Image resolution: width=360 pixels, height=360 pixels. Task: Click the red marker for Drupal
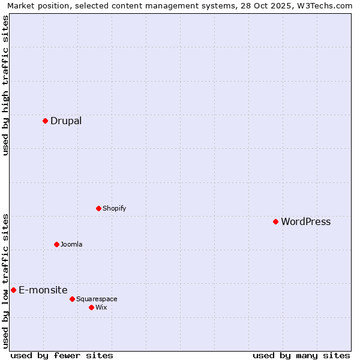tap(45, 121)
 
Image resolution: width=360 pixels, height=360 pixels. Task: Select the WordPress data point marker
tap(275, 221)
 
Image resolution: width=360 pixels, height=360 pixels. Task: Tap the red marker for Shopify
tap(98, 208)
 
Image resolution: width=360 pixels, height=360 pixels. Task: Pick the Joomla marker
tap(56, 244)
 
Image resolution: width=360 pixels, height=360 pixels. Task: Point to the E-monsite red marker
tap(13, 290)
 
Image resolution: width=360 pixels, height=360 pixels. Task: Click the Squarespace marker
tap(72, 299)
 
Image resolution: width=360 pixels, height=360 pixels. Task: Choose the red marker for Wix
tap(91, 307)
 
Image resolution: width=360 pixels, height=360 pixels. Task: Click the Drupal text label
tap(66, 121)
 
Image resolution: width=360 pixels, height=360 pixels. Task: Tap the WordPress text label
tap(305, 221)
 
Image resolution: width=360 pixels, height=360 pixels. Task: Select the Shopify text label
tap(114, 208)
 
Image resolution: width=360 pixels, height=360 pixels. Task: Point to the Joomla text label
tap(71, 244)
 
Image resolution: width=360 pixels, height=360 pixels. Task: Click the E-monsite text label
tap(43, 290)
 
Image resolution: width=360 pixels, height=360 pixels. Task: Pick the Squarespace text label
tap(97, 299)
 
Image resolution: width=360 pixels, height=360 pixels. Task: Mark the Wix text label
tap(101, 307)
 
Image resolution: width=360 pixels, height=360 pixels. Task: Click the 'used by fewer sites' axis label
tap(62, 355)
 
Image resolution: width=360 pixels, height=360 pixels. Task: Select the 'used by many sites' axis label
tap(301, 355)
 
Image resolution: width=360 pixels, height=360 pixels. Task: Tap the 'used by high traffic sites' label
tap(6, 85)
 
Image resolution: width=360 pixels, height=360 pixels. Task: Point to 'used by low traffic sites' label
tap(6, 281)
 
